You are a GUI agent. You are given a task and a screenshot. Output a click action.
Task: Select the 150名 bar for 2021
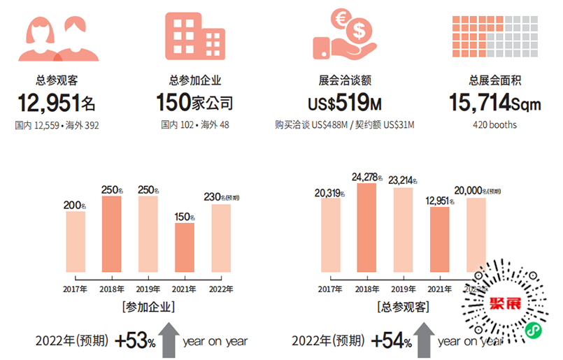click(185, 247)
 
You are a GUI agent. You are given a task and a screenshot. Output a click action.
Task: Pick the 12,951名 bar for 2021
click(440, 239)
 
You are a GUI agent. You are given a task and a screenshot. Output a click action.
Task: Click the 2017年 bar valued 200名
click(76, 242)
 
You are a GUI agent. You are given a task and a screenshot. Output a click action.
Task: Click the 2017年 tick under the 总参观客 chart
click(330, 289)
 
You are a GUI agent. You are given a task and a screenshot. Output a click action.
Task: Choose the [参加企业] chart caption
click(148, 306)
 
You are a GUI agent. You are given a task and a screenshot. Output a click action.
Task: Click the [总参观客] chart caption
click(403, 306)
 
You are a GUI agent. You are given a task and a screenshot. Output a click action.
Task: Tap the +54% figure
click(392, 341)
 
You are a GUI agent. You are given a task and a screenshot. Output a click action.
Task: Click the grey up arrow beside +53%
click(168, 340)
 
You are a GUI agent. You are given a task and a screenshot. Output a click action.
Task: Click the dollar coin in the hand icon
click(359, 30)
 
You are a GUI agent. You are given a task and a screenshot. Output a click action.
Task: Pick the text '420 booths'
click(494, 125)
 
